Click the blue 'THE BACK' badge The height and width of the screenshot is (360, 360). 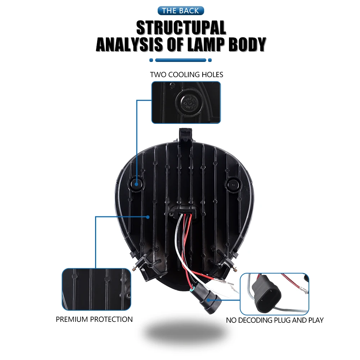180,10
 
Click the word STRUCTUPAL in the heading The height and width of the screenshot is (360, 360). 181,28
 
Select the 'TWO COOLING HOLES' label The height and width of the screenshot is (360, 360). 186,75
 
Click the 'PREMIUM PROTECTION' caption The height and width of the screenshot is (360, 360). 94,319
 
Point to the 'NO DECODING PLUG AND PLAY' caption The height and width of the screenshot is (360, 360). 275,320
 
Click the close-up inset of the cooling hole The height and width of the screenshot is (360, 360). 186,103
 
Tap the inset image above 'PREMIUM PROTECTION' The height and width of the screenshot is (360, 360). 96,289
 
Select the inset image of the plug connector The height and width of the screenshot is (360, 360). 274,293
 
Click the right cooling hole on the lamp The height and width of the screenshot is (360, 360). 233,184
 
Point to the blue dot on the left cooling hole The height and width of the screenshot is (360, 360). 137,184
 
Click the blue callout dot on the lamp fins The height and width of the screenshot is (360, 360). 148,217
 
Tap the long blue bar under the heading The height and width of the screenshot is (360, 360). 180,60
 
